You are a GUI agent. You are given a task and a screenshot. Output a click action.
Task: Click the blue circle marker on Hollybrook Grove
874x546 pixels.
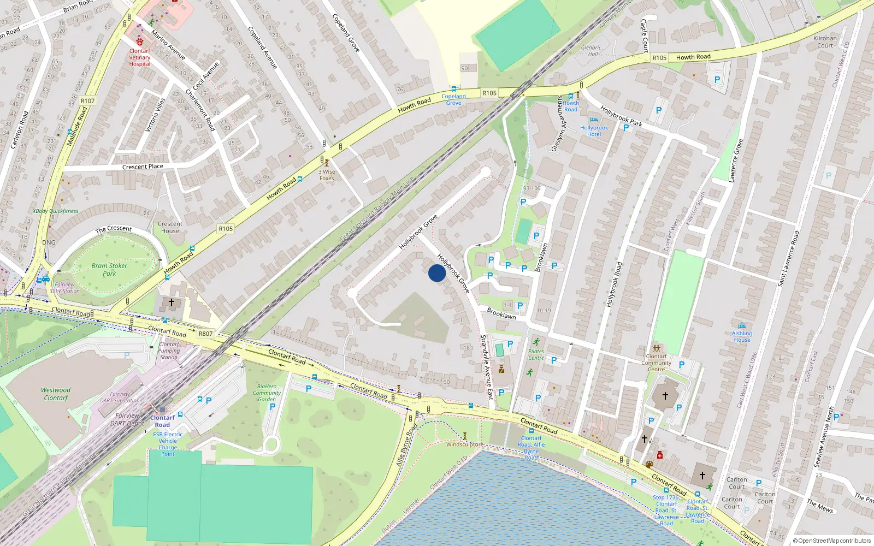436,273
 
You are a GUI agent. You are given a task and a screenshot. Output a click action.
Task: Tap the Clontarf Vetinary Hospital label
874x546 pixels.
140,57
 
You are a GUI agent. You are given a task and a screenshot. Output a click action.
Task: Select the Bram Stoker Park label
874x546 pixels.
109,269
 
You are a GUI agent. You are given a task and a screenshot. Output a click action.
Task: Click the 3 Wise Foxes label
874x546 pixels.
327,175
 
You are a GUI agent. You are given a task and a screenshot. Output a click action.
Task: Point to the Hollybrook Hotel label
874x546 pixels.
594,130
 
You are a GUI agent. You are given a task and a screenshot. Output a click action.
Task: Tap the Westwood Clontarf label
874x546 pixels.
56,394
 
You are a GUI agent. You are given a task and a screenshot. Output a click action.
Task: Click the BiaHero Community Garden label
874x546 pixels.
267,393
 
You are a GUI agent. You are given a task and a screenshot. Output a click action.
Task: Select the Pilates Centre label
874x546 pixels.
536,354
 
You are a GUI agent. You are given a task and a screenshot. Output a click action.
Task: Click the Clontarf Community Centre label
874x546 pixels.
656,363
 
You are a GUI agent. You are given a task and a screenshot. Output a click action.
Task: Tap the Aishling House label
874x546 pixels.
742,336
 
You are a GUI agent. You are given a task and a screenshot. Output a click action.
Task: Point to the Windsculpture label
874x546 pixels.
464,444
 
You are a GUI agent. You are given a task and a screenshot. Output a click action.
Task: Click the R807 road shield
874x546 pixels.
205,334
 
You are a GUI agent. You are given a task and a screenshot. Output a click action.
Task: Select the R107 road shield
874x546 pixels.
87,100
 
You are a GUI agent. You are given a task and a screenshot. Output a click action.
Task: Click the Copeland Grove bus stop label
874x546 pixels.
453,99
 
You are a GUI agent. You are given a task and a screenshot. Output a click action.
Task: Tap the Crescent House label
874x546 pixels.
170,227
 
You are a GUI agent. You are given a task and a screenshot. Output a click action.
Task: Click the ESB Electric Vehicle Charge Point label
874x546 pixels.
168,444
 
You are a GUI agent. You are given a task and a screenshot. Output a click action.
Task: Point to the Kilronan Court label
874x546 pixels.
825,41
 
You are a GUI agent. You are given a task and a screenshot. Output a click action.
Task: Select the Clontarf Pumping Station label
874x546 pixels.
169,351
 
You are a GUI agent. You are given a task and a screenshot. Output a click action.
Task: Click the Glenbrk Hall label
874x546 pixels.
591,51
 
